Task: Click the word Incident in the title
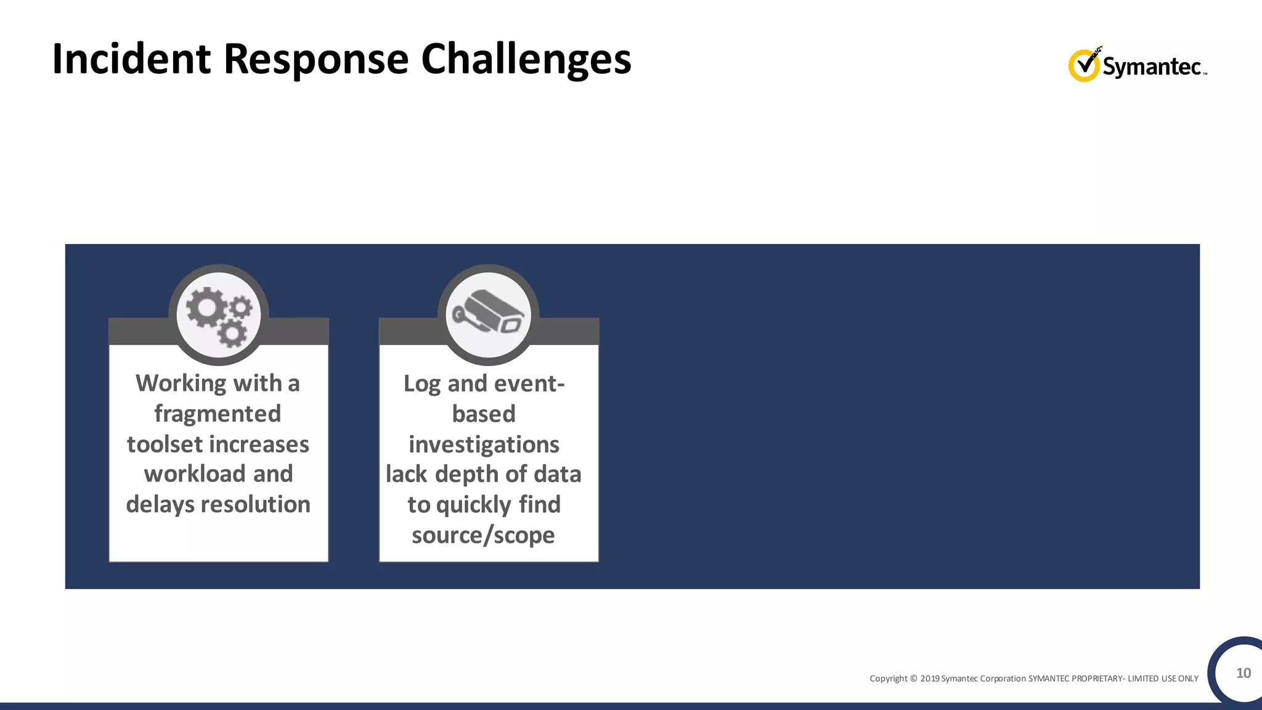pyautogui.click(x=131, y=59)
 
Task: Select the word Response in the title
pyautogui.click(x=315, y=60)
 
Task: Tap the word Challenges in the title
pyautogui.click(x=526, y=60)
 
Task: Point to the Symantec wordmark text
pyautogui.click(x=1152, y=67)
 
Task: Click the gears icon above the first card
pyautogui.click(x=219, y=316)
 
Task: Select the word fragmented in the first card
pyautogui.click(x=218, y=414)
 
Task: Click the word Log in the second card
pyautogui.click(x=421, y=384)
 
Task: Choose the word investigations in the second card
pyautogui.click(x=484, y=444)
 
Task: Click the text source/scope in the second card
pyautogui.click(x=483, y=535)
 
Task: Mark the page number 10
pyautogui.click(x=1244, y=673)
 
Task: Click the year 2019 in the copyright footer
pyautogui.click(x=930, y=679)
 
